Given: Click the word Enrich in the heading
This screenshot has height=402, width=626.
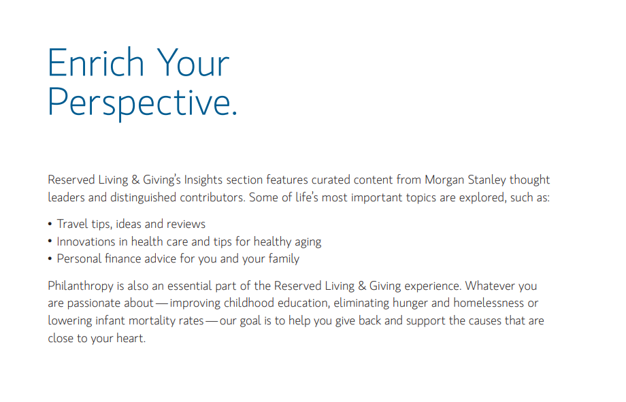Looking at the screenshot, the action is coord(96,63).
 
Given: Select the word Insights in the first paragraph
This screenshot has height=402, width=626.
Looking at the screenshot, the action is coord(203,180).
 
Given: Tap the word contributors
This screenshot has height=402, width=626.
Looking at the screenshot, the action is coord(212,197).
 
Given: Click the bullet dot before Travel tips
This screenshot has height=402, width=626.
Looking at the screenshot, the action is coord(50,224).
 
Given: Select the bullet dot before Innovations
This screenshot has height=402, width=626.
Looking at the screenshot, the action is coord(50,241).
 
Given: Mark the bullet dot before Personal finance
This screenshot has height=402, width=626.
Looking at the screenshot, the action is coord(50,258).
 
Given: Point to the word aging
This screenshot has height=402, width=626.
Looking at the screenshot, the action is coord(308,242).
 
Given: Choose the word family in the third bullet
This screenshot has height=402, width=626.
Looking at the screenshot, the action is coord(284,259).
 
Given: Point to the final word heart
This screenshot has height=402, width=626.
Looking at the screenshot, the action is coord(131,338).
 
